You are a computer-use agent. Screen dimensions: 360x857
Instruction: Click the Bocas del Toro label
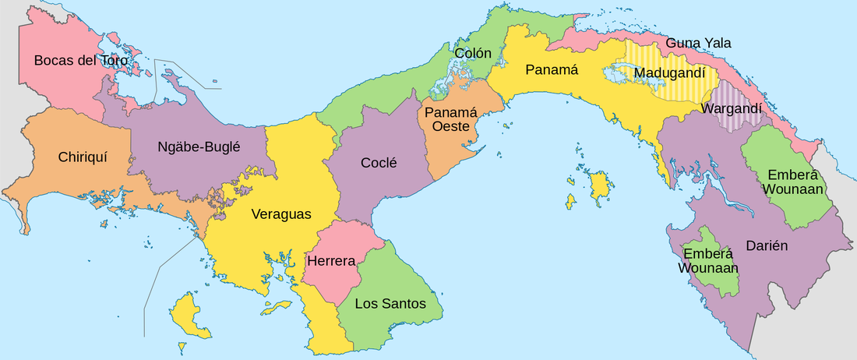click(81, 59)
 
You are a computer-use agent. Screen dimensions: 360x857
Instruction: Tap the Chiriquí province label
click(82, 157)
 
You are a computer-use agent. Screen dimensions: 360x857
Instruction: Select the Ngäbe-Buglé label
click(199, 146)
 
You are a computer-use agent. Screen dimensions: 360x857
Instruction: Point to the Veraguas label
click(281, 214)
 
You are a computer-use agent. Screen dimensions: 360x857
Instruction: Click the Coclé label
click(379, 163)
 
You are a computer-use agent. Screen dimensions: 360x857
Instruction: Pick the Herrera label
click(331, 260)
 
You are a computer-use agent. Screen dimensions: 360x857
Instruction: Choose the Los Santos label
click(390, 303)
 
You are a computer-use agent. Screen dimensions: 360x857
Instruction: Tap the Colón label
click(473, 54)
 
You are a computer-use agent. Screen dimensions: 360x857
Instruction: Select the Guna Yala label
click(699, 43)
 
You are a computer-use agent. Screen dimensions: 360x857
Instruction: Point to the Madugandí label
click(675, 73)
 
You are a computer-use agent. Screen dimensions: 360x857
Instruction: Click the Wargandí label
click(732, 109)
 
